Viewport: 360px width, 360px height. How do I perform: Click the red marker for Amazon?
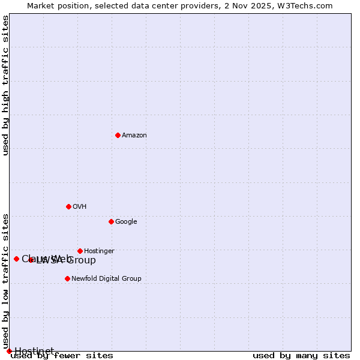click(x=118, y=135)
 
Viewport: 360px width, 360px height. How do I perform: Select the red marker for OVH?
click(x=68, y=206)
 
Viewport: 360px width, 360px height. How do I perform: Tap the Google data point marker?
click(x=111, y=221)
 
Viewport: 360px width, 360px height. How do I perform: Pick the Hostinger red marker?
click(x=80, y=251)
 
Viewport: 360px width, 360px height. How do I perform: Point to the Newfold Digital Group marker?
click(x=67, y=278)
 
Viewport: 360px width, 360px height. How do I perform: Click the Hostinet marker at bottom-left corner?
click(x=9, y=351)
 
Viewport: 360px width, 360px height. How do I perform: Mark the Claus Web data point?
click(x=16, y=259)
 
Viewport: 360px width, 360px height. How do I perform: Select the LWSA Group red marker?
click(x=31, y=260)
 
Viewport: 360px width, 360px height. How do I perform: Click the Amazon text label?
click(x=134, y=135)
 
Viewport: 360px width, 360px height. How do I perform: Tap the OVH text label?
click(x=80, y=206)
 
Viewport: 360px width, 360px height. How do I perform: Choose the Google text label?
click(x=126, y=221)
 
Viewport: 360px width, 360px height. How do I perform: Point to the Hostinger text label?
click(x=99, y=251)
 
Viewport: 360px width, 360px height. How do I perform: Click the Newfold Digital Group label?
click(x=106, y=278)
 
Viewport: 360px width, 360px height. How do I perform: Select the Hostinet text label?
click(x=34, y=351)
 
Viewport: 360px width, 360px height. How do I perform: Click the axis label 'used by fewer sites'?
click(x=62, y=356)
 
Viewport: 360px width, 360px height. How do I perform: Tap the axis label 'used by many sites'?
click(x=301, y=356)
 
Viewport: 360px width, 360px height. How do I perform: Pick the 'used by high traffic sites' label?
click(x=6, y=86)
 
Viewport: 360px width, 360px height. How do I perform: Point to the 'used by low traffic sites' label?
click(x=6, y=281)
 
